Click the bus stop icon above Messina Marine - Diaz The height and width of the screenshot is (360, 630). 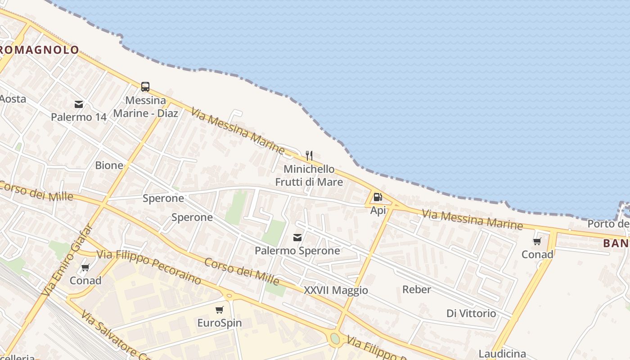point(145,87)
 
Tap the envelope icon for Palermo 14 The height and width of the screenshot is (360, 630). point(79,104)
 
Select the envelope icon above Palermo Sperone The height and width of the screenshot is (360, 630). point(297,237)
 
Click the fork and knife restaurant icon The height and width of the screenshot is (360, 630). point(309,156)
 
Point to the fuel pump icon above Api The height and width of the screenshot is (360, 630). point(378,197)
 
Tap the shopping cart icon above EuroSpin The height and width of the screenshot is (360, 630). point(219,310)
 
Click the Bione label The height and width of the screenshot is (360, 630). point(109,165)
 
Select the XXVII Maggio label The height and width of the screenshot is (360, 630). point(336,290)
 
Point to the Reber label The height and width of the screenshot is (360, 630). point(416,289)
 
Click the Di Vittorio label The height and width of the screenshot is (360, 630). point(471,313)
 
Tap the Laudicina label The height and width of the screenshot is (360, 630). point(502,354)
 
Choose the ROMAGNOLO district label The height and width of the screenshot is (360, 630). point(40,50)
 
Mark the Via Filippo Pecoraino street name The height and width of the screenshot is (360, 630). point(148,267)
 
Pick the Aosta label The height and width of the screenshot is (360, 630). point(13,99)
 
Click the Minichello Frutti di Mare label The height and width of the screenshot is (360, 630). point(309,175)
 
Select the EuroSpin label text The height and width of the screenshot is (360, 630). point(219,323)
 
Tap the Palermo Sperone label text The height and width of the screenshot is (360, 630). point(297,250)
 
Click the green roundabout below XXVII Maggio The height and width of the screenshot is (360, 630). point(335,338)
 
